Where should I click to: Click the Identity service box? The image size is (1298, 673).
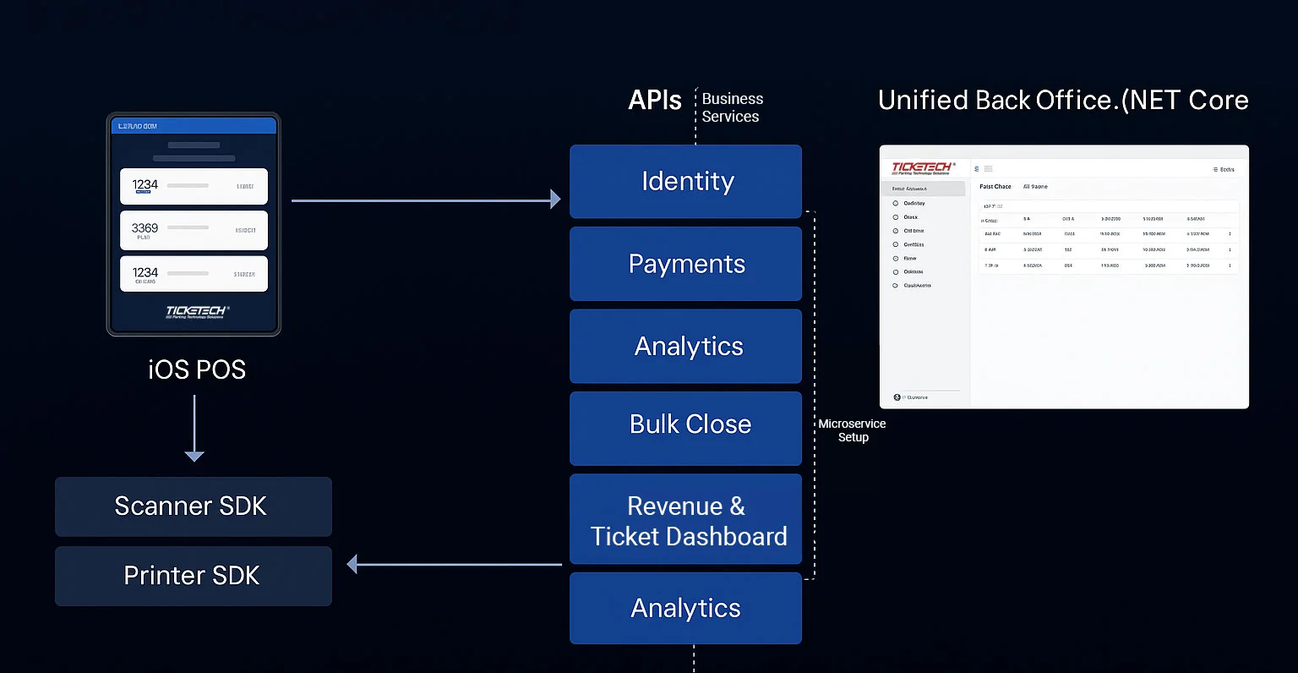tap(685, 182)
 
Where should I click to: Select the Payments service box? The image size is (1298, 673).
tap(685, 264)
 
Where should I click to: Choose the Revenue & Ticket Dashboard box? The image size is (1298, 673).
tap(685, 519)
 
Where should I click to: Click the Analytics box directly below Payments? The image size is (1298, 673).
tap(685, 346)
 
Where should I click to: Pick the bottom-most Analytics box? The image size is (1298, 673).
tap(685, 608)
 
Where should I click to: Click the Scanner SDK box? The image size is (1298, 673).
tap(193, 506)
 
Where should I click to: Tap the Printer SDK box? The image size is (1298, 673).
tap(193, 576)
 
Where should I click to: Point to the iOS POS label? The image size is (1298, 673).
tap(196, 369)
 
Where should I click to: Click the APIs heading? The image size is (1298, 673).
tap(654, 101)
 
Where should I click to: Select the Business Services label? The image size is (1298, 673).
tap(732, 108)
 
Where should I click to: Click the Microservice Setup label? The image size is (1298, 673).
tap(852, 430)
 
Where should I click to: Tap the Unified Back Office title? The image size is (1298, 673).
tap(1062, 101)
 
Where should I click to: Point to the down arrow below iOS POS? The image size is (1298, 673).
tap(194, 428)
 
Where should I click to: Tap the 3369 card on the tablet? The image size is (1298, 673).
tap(194, 230)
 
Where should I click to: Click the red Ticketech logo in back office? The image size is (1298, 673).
tap(922, 167)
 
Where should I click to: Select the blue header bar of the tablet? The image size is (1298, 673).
tap(194, 126)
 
